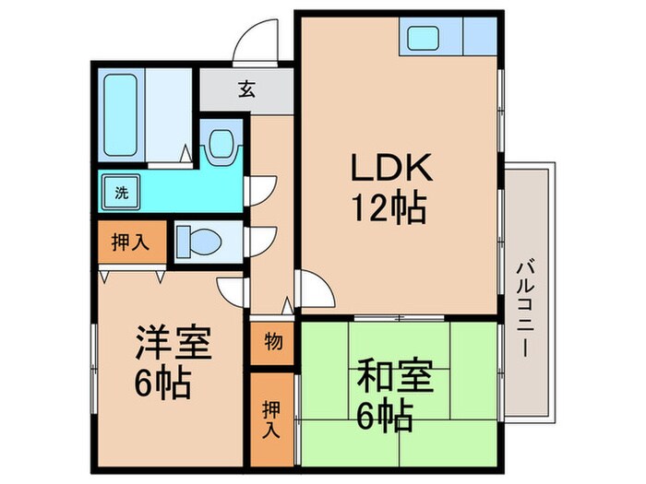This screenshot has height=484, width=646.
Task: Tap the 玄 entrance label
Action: (x=246, y=89)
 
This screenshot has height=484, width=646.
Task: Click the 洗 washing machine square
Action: (x=121, y=193)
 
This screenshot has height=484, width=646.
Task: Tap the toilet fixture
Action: (x=198, y=242)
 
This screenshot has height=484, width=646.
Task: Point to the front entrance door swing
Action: (x=254, y=41)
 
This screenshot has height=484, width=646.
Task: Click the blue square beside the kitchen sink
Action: (x=481, y=40)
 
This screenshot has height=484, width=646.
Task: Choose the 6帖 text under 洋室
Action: (x=166, y=382)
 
